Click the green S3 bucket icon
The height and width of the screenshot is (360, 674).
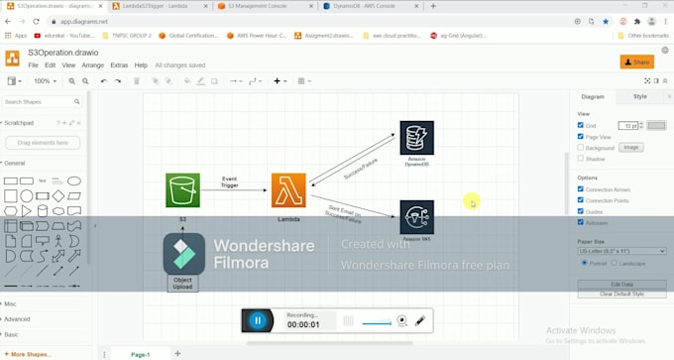182,190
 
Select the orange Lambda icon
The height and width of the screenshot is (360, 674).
288,190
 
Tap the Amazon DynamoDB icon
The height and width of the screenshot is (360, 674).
416,138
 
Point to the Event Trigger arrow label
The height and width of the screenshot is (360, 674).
229,181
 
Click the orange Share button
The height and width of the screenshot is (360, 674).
636,61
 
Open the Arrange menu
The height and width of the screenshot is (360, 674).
93,65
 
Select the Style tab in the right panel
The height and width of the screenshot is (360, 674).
639,96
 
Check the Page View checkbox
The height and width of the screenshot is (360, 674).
581,137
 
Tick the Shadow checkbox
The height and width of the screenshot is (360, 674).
581,159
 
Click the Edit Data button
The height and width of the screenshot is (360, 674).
622,285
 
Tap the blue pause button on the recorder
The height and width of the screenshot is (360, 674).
258,320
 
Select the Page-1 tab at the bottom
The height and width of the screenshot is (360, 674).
141,354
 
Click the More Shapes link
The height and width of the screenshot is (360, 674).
30,354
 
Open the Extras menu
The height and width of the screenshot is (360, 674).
119,65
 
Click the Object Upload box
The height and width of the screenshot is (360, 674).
182,283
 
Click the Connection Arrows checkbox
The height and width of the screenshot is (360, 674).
581,189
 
